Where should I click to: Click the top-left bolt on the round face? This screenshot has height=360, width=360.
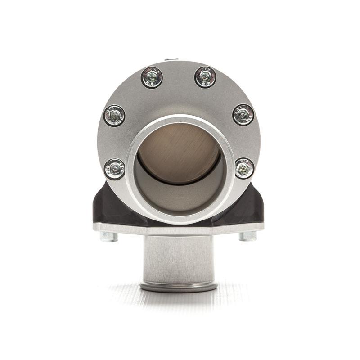(x=152, y=77)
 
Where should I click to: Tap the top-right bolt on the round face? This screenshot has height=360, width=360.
(x=205, y=77)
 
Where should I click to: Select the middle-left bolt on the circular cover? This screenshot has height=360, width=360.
(x=114, y=116)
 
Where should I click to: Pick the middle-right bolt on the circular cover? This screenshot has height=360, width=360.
(x=243, y=114)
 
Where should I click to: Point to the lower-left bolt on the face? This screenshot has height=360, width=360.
(x=114, y=169)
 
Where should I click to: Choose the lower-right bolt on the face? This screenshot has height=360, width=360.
(x=244, y=168)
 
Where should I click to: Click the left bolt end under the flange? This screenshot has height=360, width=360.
(x=108, y=236)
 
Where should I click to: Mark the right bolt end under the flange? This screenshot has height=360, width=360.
(x=247, y=236)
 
